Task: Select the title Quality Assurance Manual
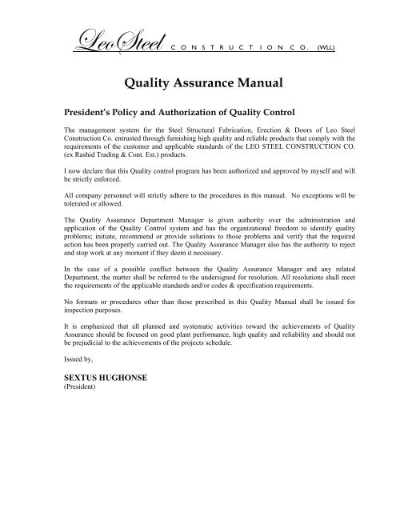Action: (198, 80)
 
